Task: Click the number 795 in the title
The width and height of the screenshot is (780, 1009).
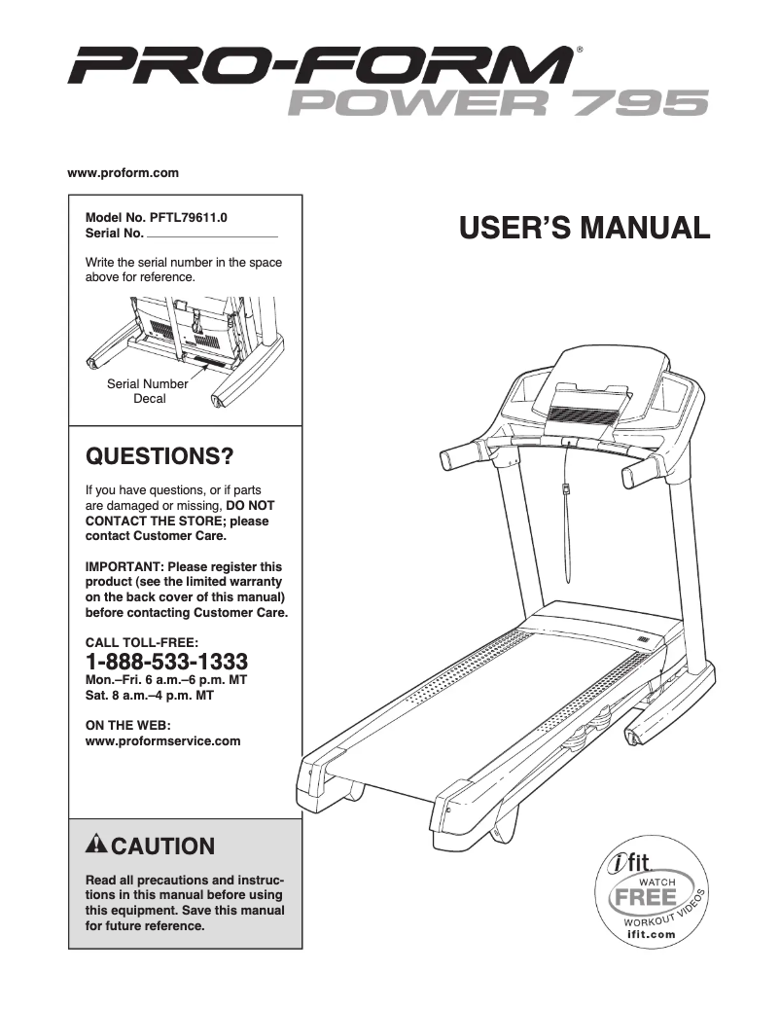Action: point(641,102)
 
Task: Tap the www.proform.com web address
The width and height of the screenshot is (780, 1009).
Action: point(124,173)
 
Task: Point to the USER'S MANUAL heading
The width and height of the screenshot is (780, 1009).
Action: point(584,229)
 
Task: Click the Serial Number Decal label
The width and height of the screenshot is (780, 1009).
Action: point(149,391)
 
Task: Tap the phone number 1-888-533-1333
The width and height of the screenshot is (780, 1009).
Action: point(167,661)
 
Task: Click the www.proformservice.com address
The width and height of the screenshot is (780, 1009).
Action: point(163,741)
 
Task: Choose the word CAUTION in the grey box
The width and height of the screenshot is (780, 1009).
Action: point(169,845)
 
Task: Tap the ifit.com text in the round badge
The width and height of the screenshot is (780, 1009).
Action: point(650,934)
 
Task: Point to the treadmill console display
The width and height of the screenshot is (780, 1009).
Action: point(588,414)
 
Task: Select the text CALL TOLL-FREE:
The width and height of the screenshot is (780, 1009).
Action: point(142,641)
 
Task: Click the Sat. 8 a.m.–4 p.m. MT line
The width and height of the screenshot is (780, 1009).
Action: point(150,696)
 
